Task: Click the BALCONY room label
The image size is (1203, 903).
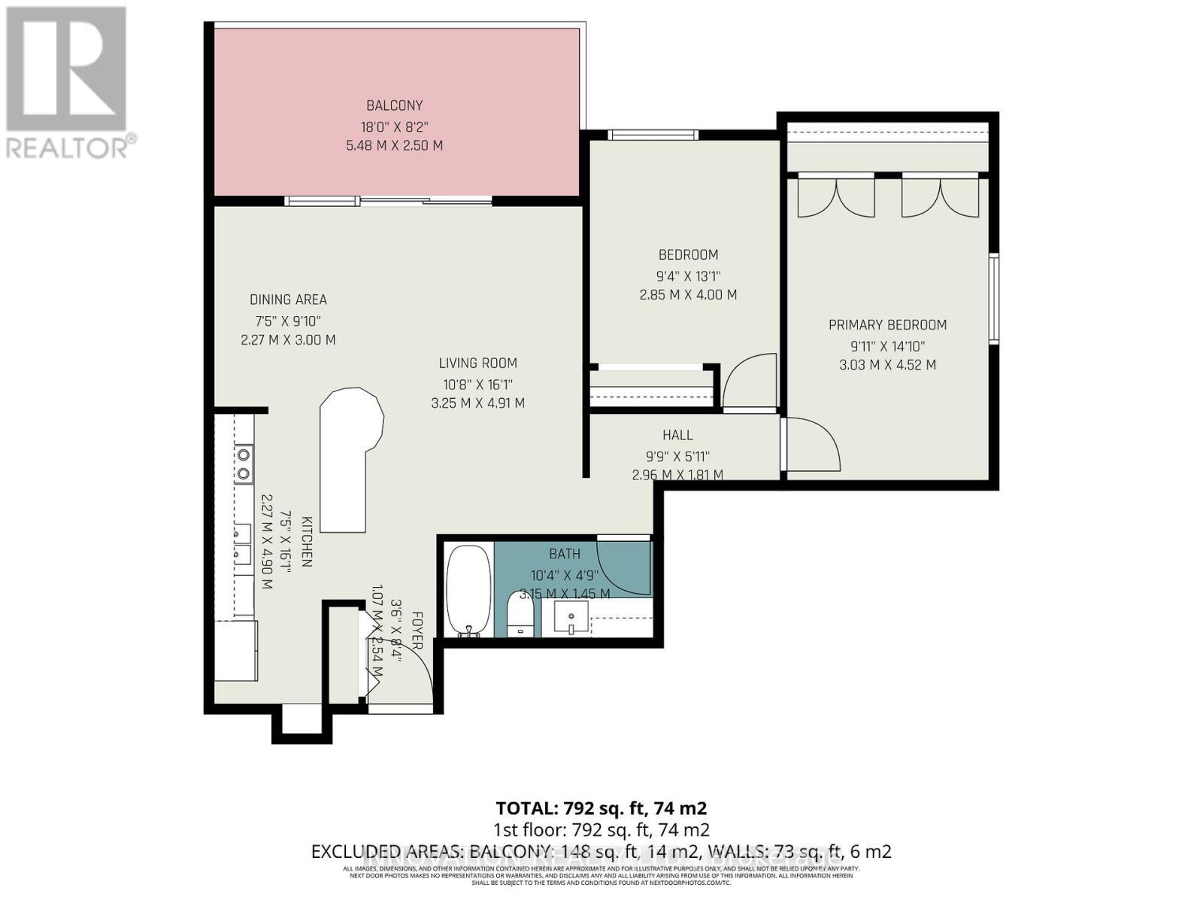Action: tap(394, 105)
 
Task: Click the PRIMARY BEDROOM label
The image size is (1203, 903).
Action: tap(887, 325)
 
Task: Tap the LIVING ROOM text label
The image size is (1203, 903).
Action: tap(477, 363)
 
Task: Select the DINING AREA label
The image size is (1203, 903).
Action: tap(288, 299)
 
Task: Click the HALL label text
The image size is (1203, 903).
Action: tap(677, 435)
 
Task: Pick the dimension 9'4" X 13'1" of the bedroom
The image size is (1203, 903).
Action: tap(687, 275)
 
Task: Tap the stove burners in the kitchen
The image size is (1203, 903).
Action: tap(243, 464)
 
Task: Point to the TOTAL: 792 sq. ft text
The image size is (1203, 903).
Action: tap(601, 808)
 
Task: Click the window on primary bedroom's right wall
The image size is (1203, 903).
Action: tap(993, 299)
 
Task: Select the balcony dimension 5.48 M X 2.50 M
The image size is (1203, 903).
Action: tap(394, 145)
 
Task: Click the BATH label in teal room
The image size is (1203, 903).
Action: tap(564, 554)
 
